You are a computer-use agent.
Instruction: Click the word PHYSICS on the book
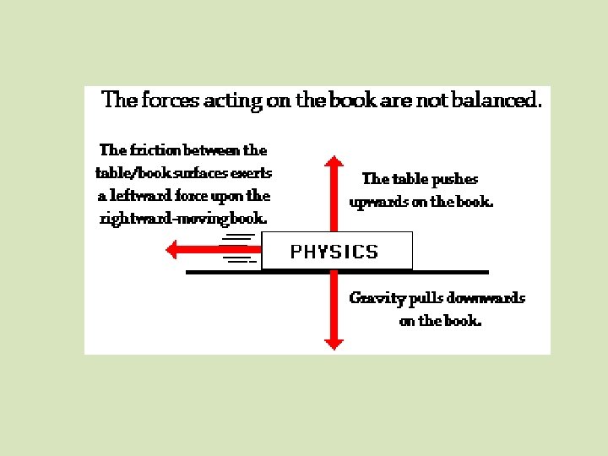(x=334, y=251)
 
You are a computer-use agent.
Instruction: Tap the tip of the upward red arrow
(x=334, y=158)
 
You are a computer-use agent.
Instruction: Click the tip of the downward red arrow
(x=334, y=346)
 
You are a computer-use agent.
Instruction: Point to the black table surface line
(x=448, y=272)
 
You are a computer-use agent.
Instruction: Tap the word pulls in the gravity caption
(x=426, y=298)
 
